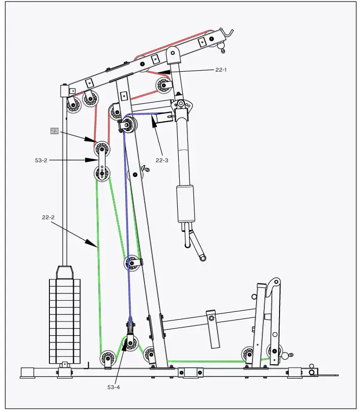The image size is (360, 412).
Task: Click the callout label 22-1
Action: coord(220,70)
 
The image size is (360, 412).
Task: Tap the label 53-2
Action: coord(41,160)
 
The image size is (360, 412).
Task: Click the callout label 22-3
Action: coord(162,160)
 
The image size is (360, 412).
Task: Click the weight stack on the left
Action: coord(65,320)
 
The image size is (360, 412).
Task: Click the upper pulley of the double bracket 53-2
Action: coord(101,149)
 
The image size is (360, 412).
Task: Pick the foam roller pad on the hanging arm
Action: coord(186,204)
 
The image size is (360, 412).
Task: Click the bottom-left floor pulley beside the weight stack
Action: coord(107,358)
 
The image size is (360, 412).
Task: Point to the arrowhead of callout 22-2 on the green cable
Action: coord(96,247)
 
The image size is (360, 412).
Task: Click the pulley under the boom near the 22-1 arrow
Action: coord(164,85)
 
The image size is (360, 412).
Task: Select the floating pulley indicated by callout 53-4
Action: coord(131,342)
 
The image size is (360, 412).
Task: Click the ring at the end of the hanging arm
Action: coord(203,258)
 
